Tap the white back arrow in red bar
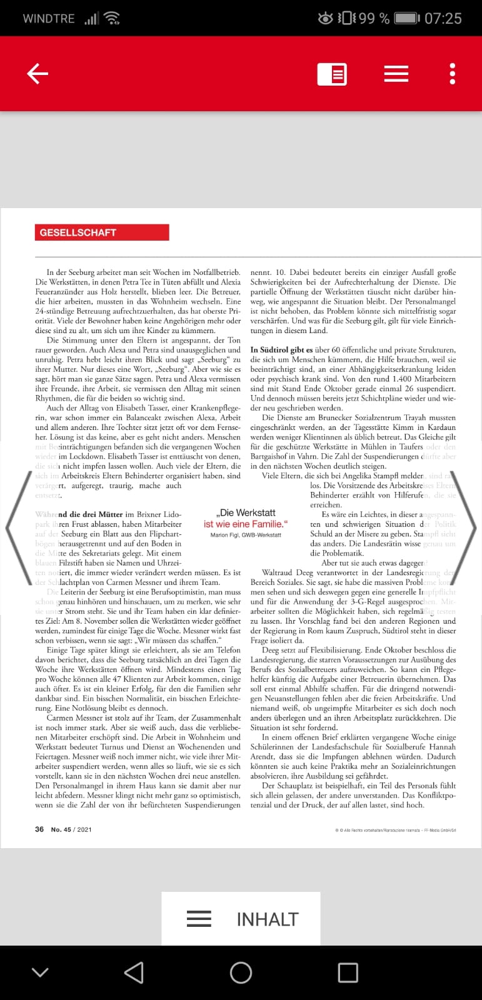tap(38, 74)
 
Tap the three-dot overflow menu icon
tap(453, 74)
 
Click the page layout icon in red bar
tap(332, 74)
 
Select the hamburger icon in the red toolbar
tap(396, 74)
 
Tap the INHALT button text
tap(267, 919)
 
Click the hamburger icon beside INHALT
tap(199, 919)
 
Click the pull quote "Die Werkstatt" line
tap(246, 513)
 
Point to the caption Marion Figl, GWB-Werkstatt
tap(246, 535)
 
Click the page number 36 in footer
tap(39, 829)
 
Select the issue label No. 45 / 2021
tap(71, 829)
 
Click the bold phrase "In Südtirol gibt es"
tap(281, 350)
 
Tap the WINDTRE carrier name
tap(49, 18)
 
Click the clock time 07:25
tap(443, 18)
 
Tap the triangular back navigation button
tap(134, 972)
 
